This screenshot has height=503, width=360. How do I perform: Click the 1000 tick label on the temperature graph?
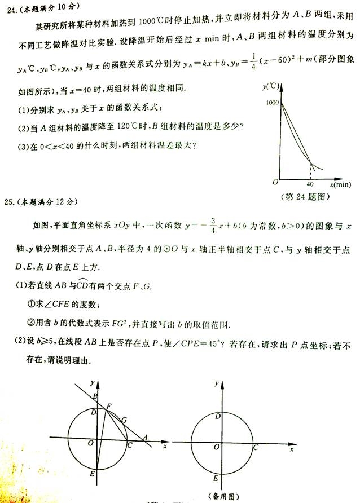[x=271, y=103]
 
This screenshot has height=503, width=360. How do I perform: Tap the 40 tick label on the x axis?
[x=310, y=184]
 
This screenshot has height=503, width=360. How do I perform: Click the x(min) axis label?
[x=337, y=184]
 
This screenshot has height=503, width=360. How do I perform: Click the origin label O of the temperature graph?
[x=275, y=182]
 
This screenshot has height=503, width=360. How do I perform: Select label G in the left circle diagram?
[x=124, y=420]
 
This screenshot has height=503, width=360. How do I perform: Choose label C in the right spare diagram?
[x=256, y=448]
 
